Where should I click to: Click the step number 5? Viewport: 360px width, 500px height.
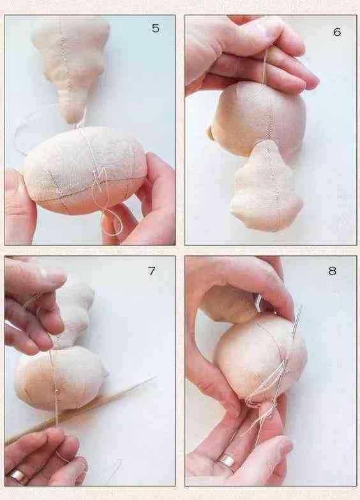pyautogui.click(x=155, y=28)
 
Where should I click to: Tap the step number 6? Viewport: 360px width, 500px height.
pyautogui.click(x=337, y=32)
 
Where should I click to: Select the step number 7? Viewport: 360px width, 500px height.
pyautogui.click(x=152, y=271)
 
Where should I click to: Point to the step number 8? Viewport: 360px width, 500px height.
pyautogui.click(x=333, y=271)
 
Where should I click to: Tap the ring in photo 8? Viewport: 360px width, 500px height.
pyautogui.click(x=227, y=460)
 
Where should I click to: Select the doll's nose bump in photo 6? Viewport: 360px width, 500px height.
pyautogui.click(x=211, y=132)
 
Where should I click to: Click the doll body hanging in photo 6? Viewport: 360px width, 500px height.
pyautogui.click(x=266, y=186)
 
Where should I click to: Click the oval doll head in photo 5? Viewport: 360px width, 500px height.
pyautogui.click(x=84, y=170)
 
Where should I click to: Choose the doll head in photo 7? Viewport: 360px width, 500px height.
pyautogui.click(x=61, y=379)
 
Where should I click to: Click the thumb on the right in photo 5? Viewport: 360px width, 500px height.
pyautogui.click(x=153, y=179)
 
